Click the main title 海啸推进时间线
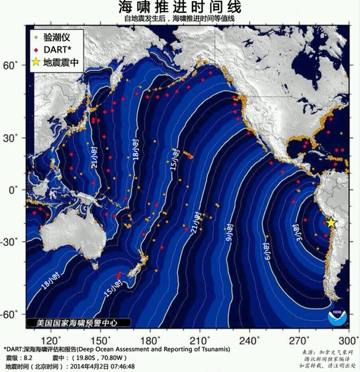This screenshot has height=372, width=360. pos(180,7)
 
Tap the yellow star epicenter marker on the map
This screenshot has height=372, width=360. pos(330,223)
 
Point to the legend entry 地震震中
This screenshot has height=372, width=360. pos(60,63)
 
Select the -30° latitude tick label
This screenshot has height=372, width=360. pos(11,242)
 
